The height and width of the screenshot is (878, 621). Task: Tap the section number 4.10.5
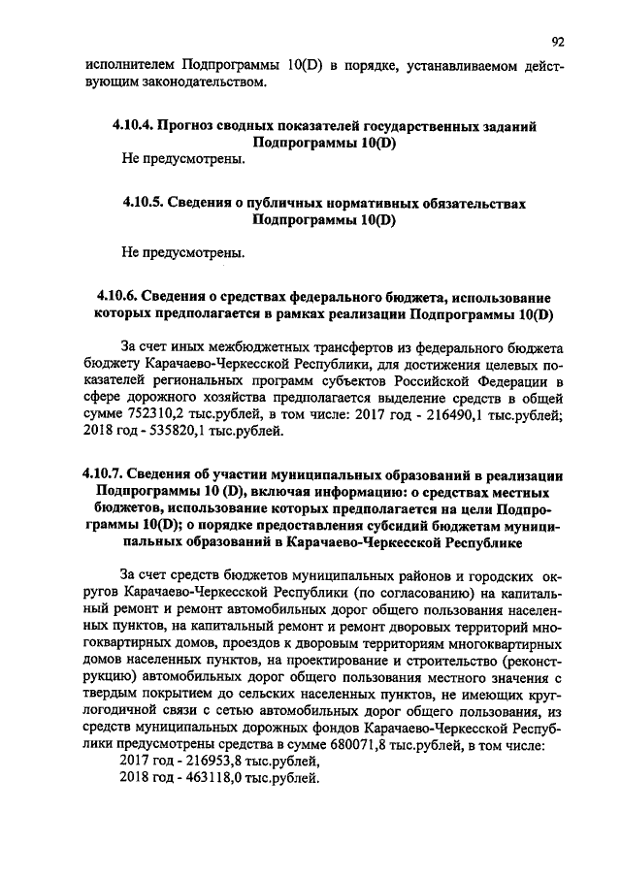[144, 205]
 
